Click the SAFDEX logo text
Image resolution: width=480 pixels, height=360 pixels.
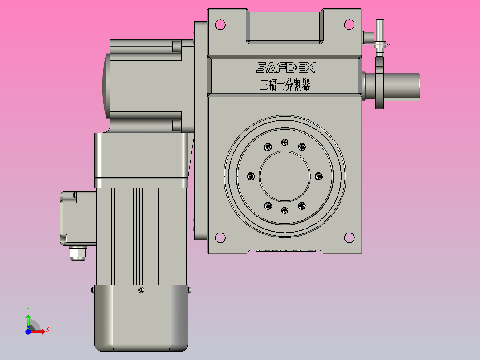[285, 68]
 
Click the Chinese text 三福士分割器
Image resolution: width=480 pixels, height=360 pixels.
[285, 85]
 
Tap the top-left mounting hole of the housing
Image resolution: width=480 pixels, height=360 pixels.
[220, 25]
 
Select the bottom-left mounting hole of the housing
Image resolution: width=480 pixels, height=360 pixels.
[220, 237]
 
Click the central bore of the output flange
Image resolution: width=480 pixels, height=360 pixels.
[285, 176]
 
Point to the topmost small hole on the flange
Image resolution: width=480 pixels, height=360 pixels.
[285, 143]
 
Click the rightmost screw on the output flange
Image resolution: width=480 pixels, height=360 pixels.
[318, 176]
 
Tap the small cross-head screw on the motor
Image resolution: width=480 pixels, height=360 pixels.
[142, 290]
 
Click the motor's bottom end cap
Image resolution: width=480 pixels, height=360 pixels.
[141, 319]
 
